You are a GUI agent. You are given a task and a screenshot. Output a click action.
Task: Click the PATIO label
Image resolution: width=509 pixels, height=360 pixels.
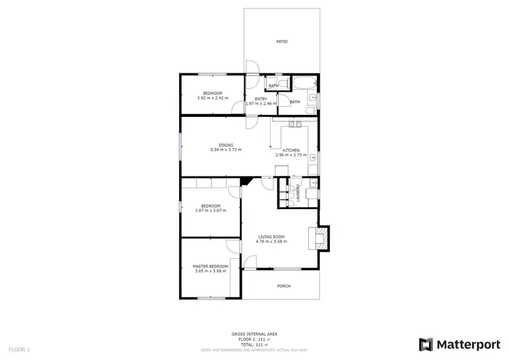coord(282,41)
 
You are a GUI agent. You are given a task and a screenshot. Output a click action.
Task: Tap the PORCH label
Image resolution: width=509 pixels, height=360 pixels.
coord(284,286)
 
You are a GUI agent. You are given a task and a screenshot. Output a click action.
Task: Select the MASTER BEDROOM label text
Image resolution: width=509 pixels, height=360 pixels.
coord(210,266)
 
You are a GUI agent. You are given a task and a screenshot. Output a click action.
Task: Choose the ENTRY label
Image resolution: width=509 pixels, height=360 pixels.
coord(260,99)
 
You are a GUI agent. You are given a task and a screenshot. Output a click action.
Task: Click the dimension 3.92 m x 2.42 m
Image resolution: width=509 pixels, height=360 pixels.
coord(212,98)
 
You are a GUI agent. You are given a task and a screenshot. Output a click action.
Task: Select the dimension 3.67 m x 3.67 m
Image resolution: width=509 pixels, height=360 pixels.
coord(210,211)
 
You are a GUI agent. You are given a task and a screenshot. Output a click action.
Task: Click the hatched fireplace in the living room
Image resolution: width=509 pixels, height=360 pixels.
coord(318,237)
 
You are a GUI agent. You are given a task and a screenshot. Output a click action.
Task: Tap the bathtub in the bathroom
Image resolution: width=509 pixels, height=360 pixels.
coord(303,84)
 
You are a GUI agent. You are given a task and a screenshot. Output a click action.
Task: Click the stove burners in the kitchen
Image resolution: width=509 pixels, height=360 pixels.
coord(295,124)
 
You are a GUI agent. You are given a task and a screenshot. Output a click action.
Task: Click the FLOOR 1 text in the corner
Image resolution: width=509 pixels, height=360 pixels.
coord(18,348)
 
